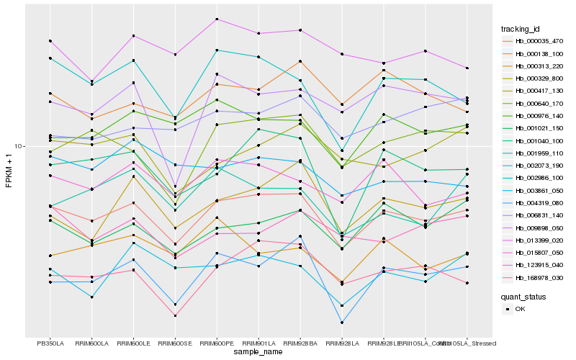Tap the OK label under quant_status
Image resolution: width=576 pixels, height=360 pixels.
pyautogui.click(x=520, y=309)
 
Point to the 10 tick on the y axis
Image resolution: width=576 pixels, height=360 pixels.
pyautogui.click(x=19, y=146)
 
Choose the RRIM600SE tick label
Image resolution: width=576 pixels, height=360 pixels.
pyautogui.click(x=175, y=343)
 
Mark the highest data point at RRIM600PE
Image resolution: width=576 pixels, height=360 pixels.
pyautogui.click(x=217, y=19)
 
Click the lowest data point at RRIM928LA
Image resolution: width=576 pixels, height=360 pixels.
pyautogui.click(x=342, y=323)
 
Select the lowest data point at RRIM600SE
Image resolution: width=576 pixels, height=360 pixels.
pyautogui.click(x=175, y=315)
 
